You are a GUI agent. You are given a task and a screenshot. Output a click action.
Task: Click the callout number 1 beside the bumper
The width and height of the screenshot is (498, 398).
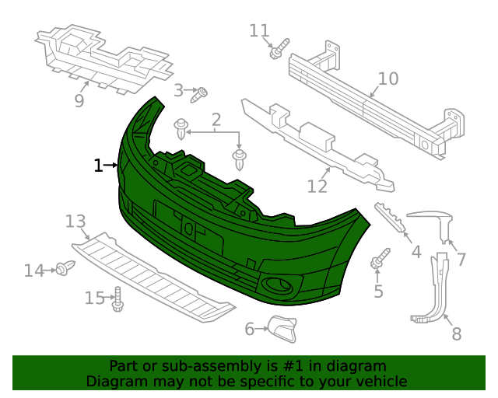98,166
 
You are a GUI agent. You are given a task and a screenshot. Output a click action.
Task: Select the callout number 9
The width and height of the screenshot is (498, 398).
79,101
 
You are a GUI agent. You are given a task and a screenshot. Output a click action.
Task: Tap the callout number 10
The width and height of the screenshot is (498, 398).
388,79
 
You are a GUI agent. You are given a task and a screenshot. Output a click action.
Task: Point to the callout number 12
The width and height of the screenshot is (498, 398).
317,187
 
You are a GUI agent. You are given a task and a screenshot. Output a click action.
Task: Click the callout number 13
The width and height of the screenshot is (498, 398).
75,222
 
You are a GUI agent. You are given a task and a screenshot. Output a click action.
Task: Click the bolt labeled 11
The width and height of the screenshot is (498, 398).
278,51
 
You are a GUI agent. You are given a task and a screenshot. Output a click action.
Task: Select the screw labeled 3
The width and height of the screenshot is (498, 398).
201,94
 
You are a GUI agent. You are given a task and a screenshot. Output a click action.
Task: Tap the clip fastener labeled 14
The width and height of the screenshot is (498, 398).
63,269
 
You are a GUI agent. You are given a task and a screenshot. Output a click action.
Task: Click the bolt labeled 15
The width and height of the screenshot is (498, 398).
117,299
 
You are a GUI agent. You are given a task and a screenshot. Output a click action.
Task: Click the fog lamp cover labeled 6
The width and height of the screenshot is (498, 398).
282,330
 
